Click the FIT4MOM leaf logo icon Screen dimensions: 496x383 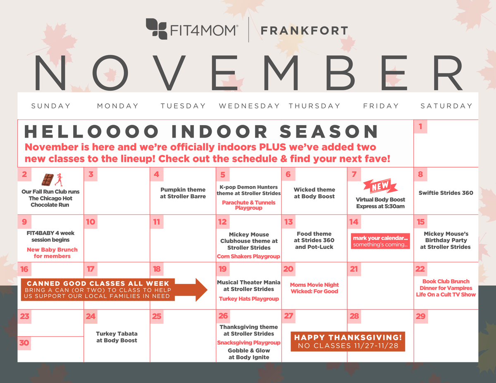156,29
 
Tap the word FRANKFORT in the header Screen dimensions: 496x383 304,31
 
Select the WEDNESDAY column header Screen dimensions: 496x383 249,106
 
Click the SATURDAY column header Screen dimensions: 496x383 446,106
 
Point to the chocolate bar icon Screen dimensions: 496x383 48,180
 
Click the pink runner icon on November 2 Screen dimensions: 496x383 59,180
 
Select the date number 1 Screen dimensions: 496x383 420,126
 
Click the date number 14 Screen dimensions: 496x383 354,222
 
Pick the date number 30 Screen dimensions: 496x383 24,343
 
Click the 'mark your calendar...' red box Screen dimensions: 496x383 380,241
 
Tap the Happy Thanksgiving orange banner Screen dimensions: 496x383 348,342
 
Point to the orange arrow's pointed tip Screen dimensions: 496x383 207,290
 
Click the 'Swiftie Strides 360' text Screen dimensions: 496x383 446,193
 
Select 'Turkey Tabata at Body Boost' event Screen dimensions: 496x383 117,337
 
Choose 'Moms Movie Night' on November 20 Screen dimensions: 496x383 314,285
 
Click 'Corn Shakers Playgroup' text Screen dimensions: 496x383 248,257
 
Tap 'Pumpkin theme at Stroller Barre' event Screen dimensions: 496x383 183,193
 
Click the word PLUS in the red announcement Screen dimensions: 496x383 272,147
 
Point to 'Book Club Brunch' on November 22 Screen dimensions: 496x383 446,281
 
